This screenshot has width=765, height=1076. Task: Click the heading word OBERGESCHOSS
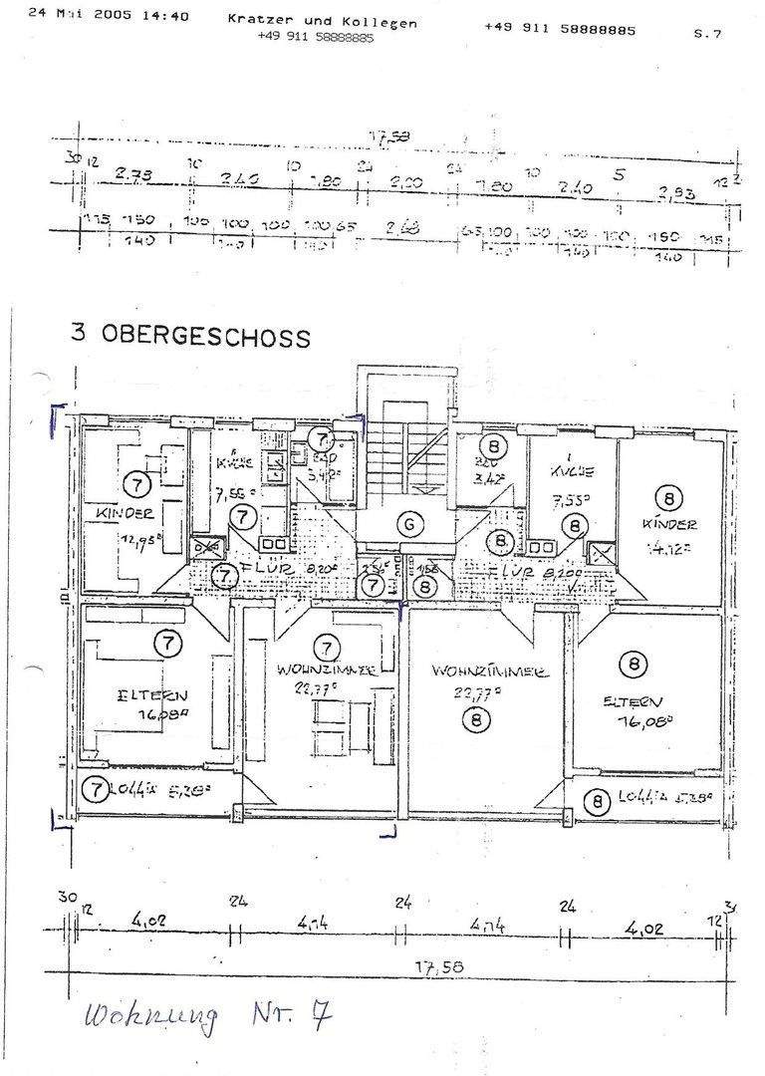[205, 335]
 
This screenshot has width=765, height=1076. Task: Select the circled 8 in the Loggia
[597, 800]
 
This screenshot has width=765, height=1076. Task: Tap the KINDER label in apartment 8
[670, 524]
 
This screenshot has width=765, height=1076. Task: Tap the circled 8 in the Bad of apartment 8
[493, 445]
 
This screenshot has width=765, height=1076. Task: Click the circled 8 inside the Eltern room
[633, 663]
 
